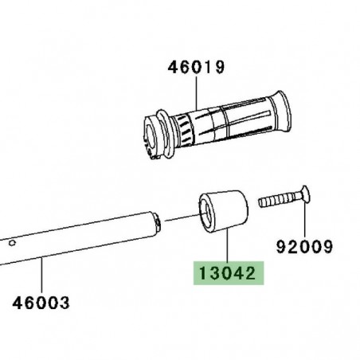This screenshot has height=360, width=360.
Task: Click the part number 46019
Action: point(196,68)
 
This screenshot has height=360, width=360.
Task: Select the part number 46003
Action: point(41,303)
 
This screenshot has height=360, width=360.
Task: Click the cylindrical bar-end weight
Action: point(225,213)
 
